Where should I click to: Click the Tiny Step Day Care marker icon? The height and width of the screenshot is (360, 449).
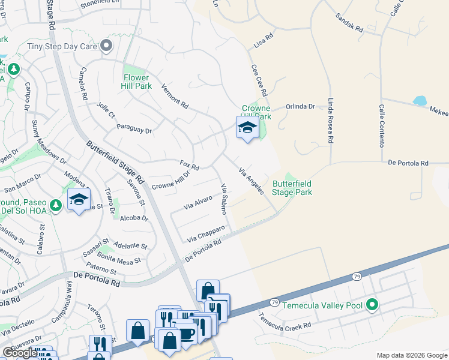point(107,46)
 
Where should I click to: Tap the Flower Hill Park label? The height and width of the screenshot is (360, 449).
point(137,82)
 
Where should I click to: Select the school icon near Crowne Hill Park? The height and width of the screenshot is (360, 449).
point(247,127)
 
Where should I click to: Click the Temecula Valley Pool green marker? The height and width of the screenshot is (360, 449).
point(372,305)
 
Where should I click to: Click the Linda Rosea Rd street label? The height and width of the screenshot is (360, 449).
point(330,121)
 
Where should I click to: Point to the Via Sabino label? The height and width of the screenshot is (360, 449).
point(224,195)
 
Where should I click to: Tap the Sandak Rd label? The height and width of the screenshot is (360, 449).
point(349,23)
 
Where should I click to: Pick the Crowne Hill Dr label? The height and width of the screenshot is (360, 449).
point(170,179)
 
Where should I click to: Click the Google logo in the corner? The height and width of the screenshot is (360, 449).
point(20,353)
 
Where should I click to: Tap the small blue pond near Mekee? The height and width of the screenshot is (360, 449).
point(419,100)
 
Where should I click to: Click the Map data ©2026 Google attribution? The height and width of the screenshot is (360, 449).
point(411,355)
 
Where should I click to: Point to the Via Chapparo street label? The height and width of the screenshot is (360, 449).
point(205,234)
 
